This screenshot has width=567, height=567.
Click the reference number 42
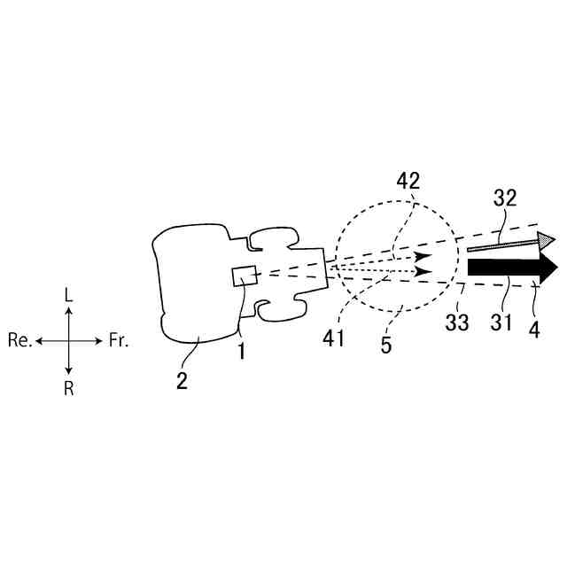[408, 182]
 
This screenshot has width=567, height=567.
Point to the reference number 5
[386, 344]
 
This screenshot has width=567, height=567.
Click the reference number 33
[457, 323]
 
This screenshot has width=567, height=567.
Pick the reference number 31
[501, 323]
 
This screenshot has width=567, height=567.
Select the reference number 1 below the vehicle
[238, 351]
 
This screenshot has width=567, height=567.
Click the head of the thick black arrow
[548, 268]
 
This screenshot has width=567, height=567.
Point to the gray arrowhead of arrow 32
[547, 238]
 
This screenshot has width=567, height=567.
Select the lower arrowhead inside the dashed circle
[423, 270]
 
